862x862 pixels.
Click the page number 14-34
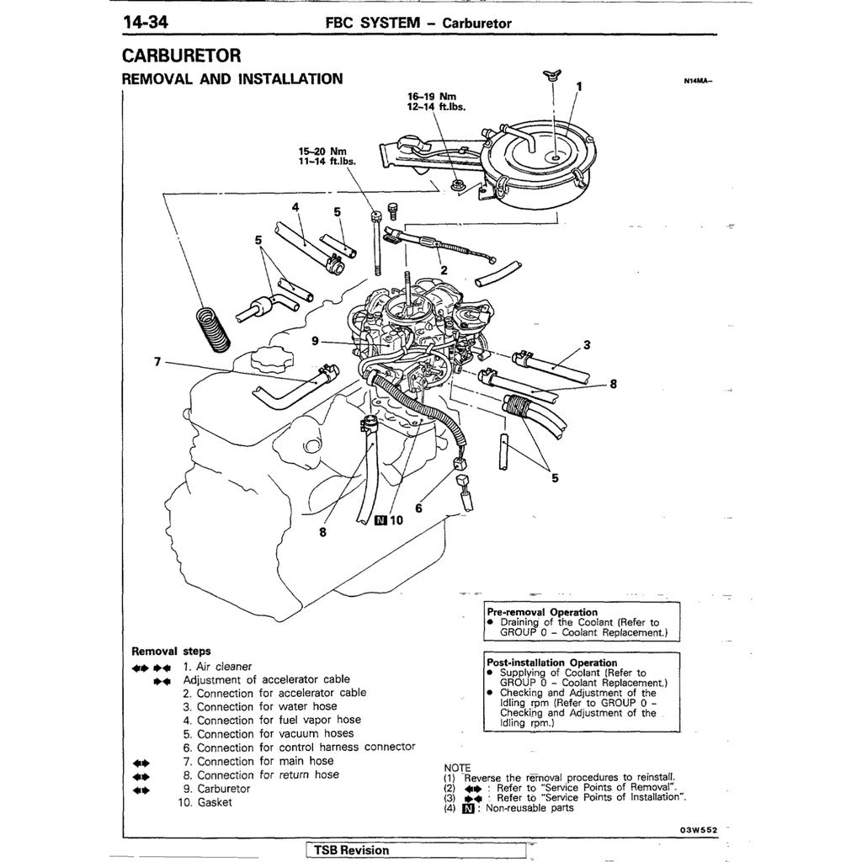tap(146, 22)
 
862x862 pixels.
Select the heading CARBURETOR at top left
tap(182, 56)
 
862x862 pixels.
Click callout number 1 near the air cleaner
tap(578, 85)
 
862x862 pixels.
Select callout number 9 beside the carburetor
tap(314, 341)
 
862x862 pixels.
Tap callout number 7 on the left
tap(157, 361)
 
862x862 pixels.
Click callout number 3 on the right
tap(587, 343)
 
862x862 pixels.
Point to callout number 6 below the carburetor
tap(418, 508)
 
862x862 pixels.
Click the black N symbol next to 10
tap(381, 520)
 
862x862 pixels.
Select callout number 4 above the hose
tap(295, 207)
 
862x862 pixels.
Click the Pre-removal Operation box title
tap(542, 612)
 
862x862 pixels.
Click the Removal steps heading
tap(171, 651)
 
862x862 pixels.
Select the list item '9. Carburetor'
tap(216, 789)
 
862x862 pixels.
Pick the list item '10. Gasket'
tap(205, 802)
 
